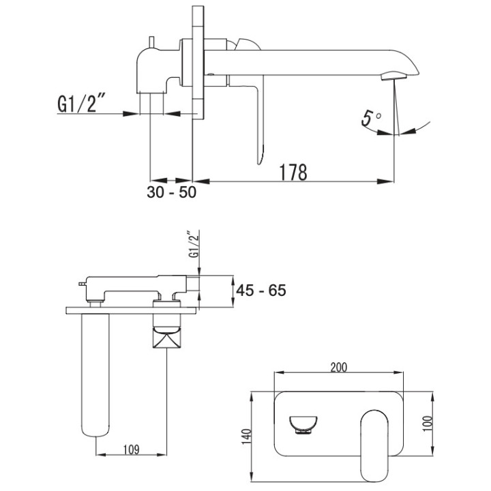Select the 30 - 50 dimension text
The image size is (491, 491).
pos(171,192)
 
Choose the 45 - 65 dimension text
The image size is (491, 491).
pos(260,290)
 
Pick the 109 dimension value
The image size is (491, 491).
pos(132,449)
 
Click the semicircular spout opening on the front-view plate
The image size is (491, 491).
pos(303,424)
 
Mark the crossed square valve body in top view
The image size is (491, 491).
pos(167,338)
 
